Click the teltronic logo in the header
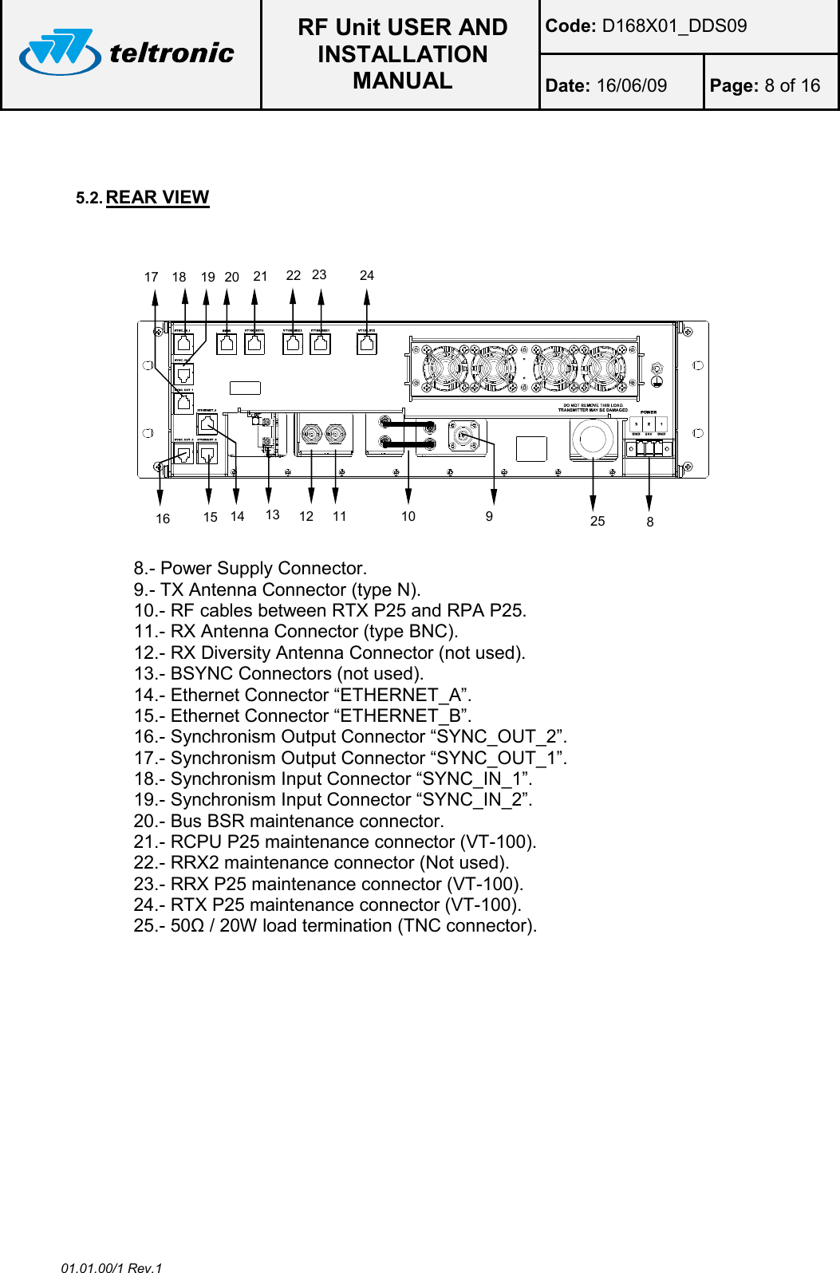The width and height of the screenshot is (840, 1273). coord(128,53)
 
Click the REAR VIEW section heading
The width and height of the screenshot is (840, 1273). coord(157,197)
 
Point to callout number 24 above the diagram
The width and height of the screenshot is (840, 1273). coord(366,275)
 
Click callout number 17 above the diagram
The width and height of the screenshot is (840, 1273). coord(151,277)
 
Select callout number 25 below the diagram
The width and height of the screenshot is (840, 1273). coord(597,521)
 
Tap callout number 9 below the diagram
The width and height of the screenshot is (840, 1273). coord(489,516)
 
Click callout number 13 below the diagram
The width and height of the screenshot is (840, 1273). coord(272,514)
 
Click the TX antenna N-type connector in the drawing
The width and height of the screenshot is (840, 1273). coord(463,437)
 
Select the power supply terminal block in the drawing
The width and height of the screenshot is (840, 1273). coord(649,447)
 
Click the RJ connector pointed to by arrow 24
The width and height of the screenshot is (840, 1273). coord(366,344)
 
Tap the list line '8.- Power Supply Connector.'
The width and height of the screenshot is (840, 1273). coord(250,568)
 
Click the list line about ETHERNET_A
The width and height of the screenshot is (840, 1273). coord(302,695)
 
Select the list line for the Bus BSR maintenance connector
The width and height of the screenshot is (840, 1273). coord(288,821)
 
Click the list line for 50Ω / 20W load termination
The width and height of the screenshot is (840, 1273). coord(335,925)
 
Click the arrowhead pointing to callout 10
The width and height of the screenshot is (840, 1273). coord(408,495)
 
